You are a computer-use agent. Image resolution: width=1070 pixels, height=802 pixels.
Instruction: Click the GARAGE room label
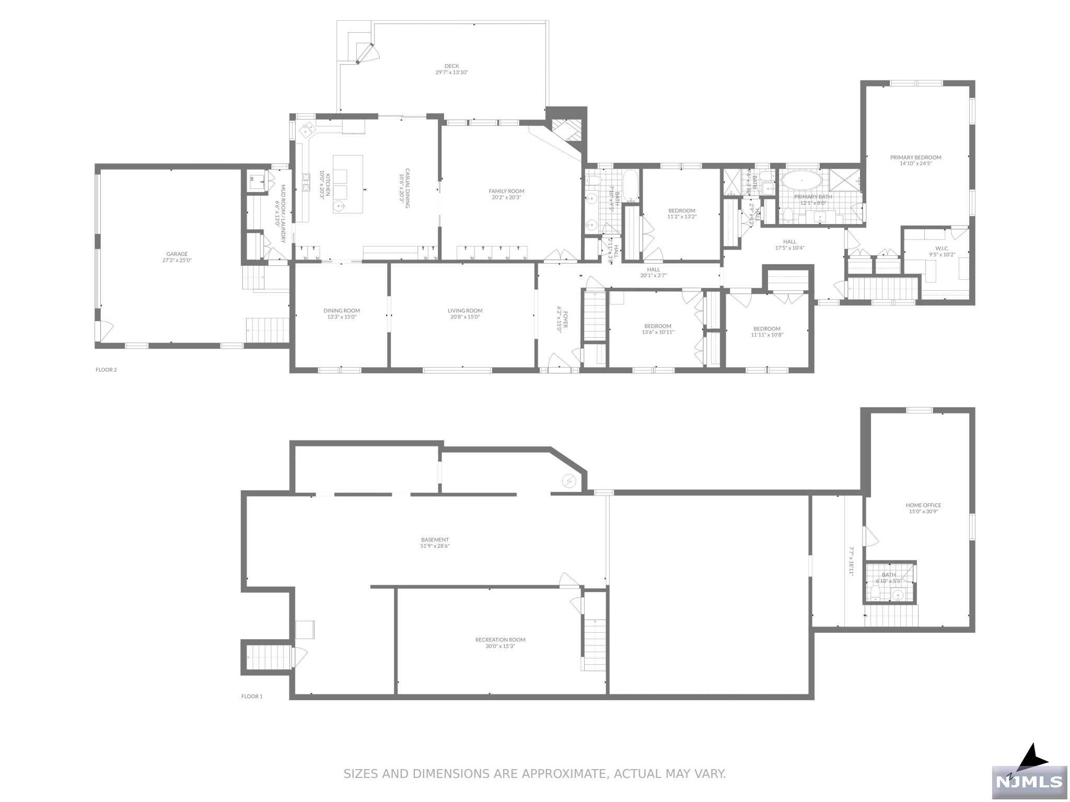(177, 254)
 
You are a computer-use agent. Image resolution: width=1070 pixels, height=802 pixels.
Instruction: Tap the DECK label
(451, 66)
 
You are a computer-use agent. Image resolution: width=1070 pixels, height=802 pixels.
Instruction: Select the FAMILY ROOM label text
(506, 191)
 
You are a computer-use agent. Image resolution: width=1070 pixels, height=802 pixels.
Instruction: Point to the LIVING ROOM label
(465, 311)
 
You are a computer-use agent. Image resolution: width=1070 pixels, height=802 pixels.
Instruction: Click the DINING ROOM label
(342, 311)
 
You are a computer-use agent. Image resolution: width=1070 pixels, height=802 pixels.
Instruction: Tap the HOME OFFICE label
(923, 505)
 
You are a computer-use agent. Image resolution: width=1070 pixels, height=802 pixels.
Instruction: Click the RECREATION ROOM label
(500, 640)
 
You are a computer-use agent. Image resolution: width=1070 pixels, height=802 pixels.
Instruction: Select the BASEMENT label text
(435, 540)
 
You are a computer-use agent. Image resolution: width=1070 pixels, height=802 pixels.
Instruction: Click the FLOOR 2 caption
(106, 370)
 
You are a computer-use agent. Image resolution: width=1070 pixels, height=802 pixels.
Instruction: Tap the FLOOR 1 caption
(252, 696)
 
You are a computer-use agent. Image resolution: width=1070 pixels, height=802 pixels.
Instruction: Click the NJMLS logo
(1029, 781)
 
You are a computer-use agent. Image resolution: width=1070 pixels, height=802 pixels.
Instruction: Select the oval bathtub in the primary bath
(801, 182)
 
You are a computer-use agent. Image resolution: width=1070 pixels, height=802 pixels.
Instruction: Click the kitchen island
(348, 184)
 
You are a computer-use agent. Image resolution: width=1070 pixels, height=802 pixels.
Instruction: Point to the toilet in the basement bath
(875, 593)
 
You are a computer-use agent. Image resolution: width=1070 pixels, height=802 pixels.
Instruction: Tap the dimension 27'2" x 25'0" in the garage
(177, 260)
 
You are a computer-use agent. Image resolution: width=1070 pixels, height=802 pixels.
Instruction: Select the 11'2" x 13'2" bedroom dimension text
(682, 217)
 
